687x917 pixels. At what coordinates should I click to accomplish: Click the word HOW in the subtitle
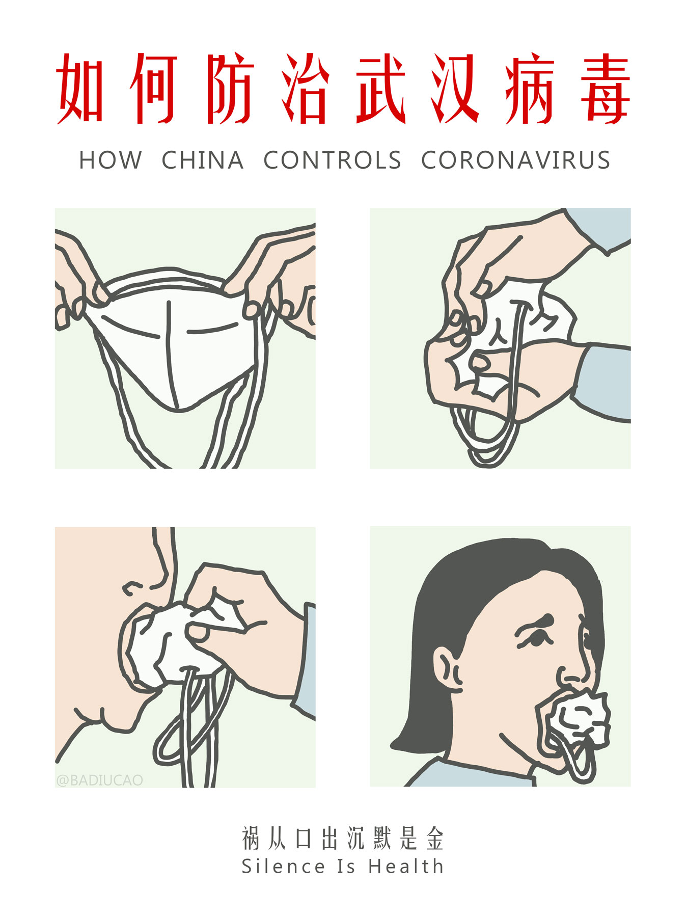click(110, 160)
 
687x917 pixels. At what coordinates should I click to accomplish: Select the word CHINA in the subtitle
click(203, 160)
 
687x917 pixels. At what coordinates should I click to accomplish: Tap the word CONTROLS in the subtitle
click(332, 160)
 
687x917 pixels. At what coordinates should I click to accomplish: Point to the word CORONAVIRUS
click(515, 160)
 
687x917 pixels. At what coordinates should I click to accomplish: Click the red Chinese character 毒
click(606, 89)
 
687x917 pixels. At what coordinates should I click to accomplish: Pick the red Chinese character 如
click(81, 89)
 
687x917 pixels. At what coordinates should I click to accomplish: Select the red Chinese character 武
click(381, 89)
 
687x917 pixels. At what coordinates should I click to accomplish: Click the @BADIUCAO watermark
click(100, 780)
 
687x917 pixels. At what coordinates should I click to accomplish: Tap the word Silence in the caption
click(283, 866)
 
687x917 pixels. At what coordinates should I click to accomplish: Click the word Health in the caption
click(406, 866)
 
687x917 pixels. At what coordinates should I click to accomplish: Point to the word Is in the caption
click(346, 866)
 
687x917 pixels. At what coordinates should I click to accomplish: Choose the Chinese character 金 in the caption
click(435, 839)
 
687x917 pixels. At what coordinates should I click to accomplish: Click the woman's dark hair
click(448, 601)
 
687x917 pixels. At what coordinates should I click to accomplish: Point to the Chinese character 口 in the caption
click(304, 839)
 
